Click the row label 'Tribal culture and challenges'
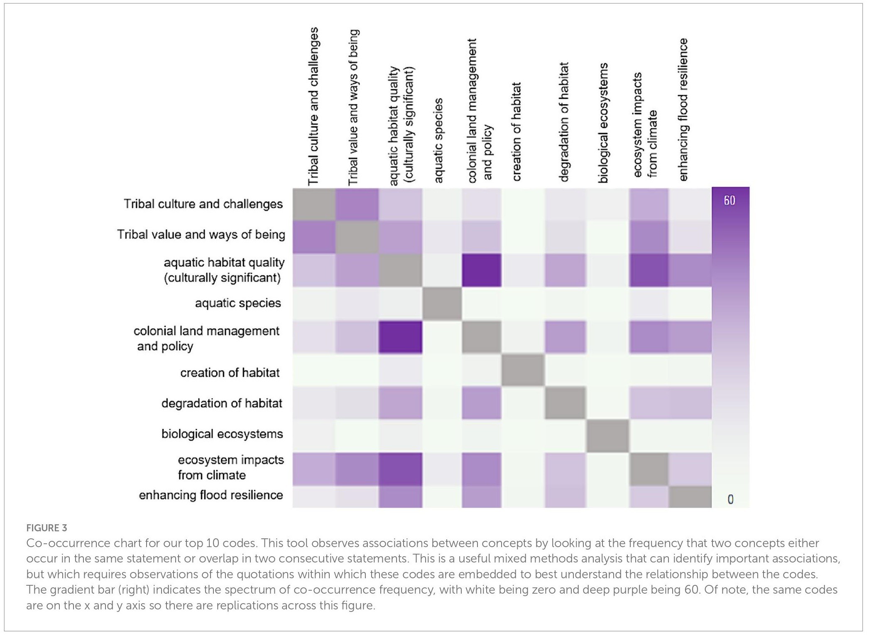(203, 204)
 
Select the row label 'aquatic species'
(238, 303)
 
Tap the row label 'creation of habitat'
(230, 373)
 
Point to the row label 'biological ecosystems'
(222, 434)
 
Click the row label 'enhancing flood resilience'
(211, 495)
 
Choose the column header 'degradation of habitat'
(563, 123)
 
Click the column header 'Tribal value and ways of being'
(353, 107)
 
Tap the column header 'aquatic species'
(438, 140)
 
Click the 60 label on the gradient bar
(729, 201)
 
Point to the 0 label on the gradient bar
(730, 499)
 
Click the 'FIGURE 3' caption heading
(47, 528)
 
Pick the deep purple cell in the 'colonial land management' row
(400, 337)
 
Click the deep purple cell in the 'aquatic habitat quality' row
(482, 270)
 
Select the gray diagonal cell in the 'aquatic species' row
(442, 304)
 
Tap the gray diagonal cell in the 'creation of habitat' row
(523, 370)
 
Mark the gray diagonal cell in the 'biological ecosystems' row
(607, 436)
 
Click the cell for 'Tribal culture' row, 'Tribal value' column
(357, 204)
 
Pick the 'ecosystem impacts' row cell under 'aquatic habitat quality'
(400, 469)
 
